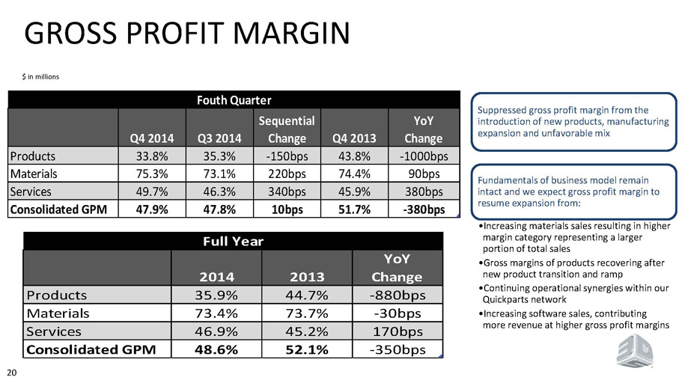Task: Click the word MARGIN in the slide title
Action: [x=292, y=33]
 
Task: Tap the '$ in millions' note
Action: [x=40, y=77]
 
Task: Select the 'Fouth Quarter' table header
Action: [x=234, y=100]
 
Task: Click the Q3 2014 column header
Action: [x=219, y=138]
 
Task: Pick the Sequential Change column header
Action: [x=287, y=129]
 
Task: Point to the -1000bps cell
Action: [x=424, y=156]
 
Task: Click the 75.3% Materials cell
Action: [x=152, y=174]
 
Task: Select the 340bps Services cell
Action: [x=287, y=191]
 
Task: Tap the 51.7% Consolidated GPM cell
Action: [x=355, y=209]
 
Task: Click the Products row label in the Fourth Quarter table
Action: [x=33, y=156]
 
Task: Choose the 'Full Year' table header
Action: [x=233, y=242]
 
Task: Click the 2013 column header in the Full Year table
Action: [x=307, y=277]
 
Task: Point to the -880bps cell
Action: [x=397, y=295]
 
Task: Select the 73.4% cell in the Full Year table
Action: [x=216, y=313]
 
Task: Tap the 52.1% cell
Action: [x=307, y=349]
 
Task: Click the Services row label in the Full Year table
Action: [x=53, y=331]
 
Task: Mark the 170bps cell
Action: [x=398, y=331]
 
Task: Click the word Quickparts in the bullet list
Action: [x=502, y=299]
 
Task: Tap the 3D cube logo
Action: [x=634, y=351]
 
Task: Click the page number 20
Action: [x=12, y=373]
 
